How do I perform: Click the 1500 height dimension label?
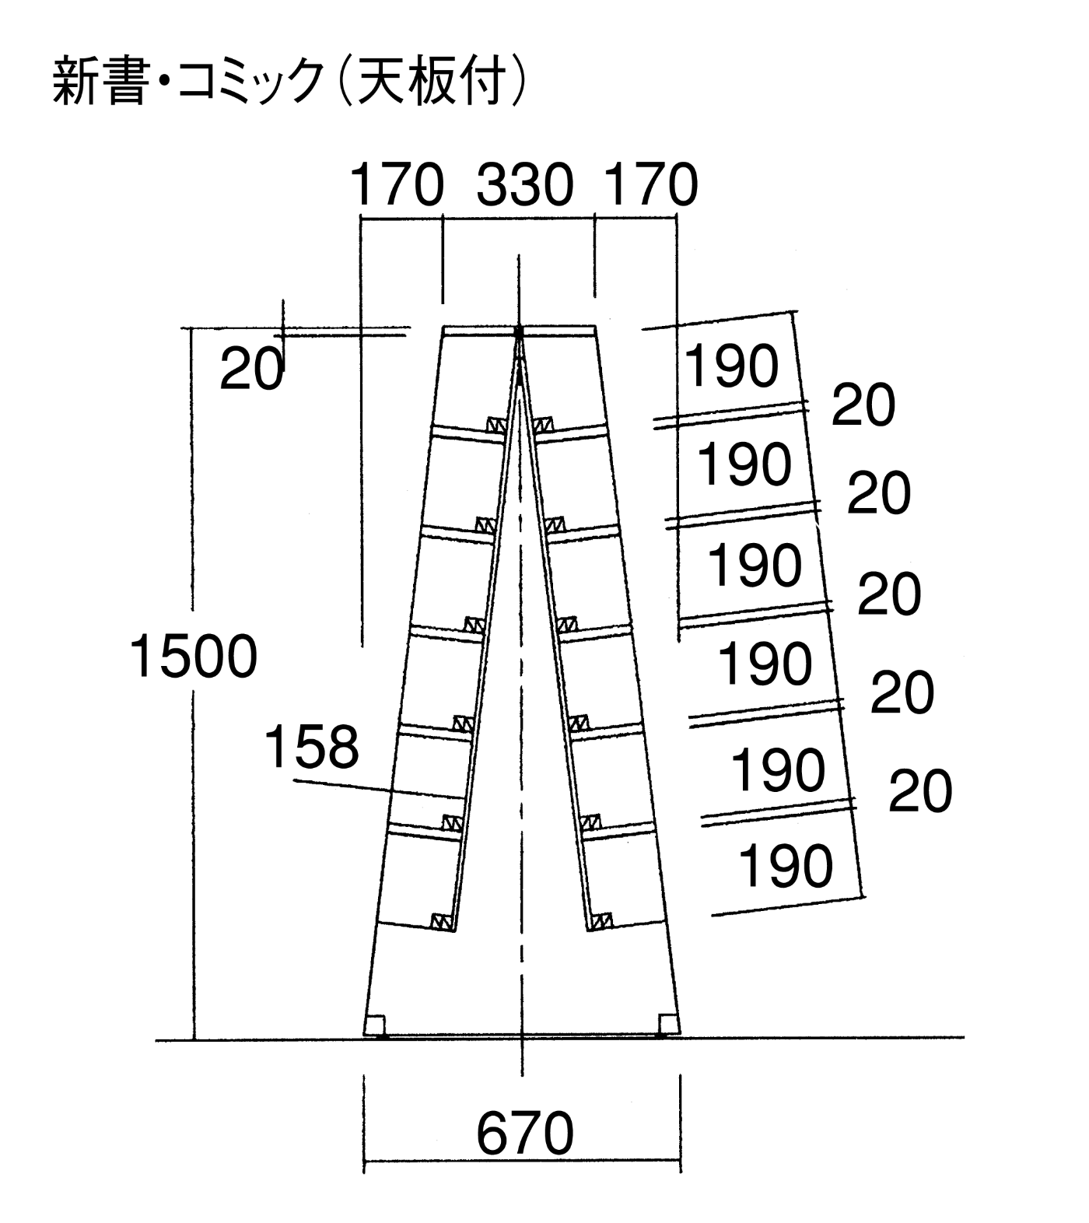[193, 656]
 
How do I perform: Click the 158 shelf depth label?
[312, 746]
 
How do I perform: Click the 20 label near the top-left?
[251, 369]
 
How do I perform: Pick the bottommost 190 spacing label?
[785, 865]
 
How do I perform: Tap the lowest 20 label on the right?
[920, 791]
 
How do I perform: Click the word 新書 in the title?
[99, 80]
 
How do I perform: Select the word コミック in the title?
[250, 81]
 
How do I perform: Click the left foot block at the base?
[375, 1025]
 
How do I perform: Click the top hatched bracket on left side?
[496, 425]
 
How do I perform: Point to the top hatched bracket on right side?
[544, 425]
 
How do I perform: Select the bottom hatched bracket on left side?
[443, 921]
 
